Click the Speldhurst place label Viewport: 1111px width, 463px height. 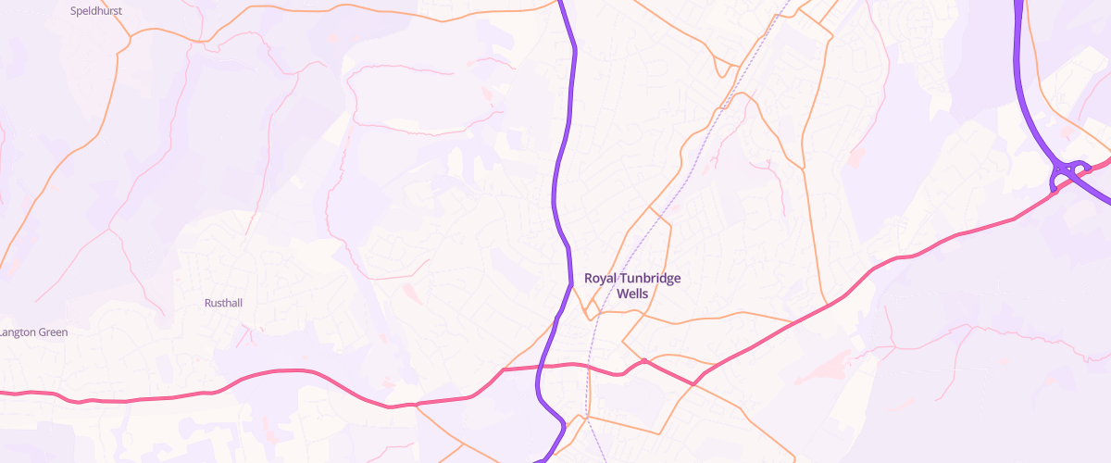96,11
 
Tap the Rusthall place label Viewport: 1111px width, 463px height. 222,303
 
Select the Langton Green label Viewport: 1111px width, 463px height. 34,332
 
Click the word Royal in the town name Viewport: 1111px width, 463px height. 601,278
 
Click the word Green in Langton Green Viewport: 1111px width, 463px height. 52,332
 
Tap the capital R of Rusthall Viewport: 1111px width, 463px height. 207,303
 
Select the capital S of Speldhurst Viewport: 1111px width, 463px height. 74,11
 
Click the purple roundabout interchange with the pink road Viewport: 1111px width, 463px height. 1069,172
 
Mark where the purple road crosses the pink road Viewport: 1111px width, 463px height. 539,367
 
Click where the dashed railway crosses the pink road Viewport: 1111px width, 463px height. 585,367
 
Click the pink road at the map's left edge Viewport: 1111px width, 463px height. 5,393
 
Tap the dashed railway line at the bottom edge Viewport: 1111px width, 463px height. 604,459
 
